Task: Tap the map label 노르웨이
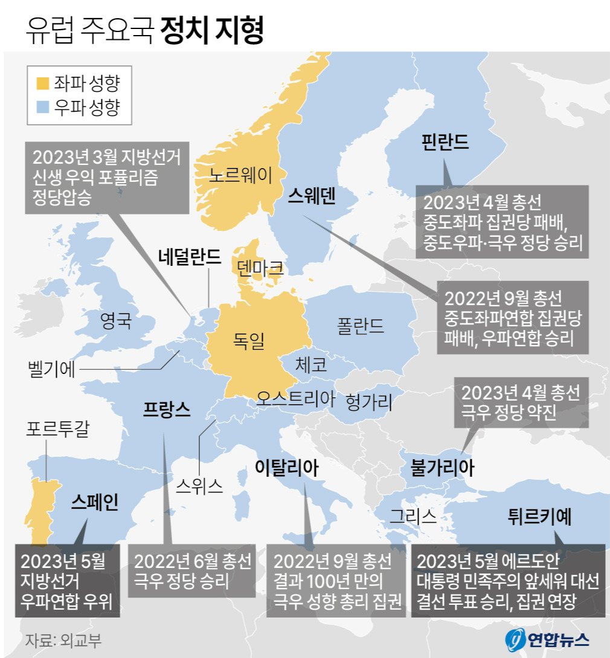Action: [240, 175]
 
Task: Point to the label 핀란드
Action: [446, 142]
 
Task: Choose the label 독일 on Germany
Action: [249, 341]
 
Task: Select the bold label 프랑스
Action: [167, 409]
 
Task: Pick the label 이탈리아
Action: [286, 467]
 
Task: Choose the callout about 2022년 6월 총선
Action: [192, 572]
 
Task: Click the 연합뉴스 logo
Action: [546, 639]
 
